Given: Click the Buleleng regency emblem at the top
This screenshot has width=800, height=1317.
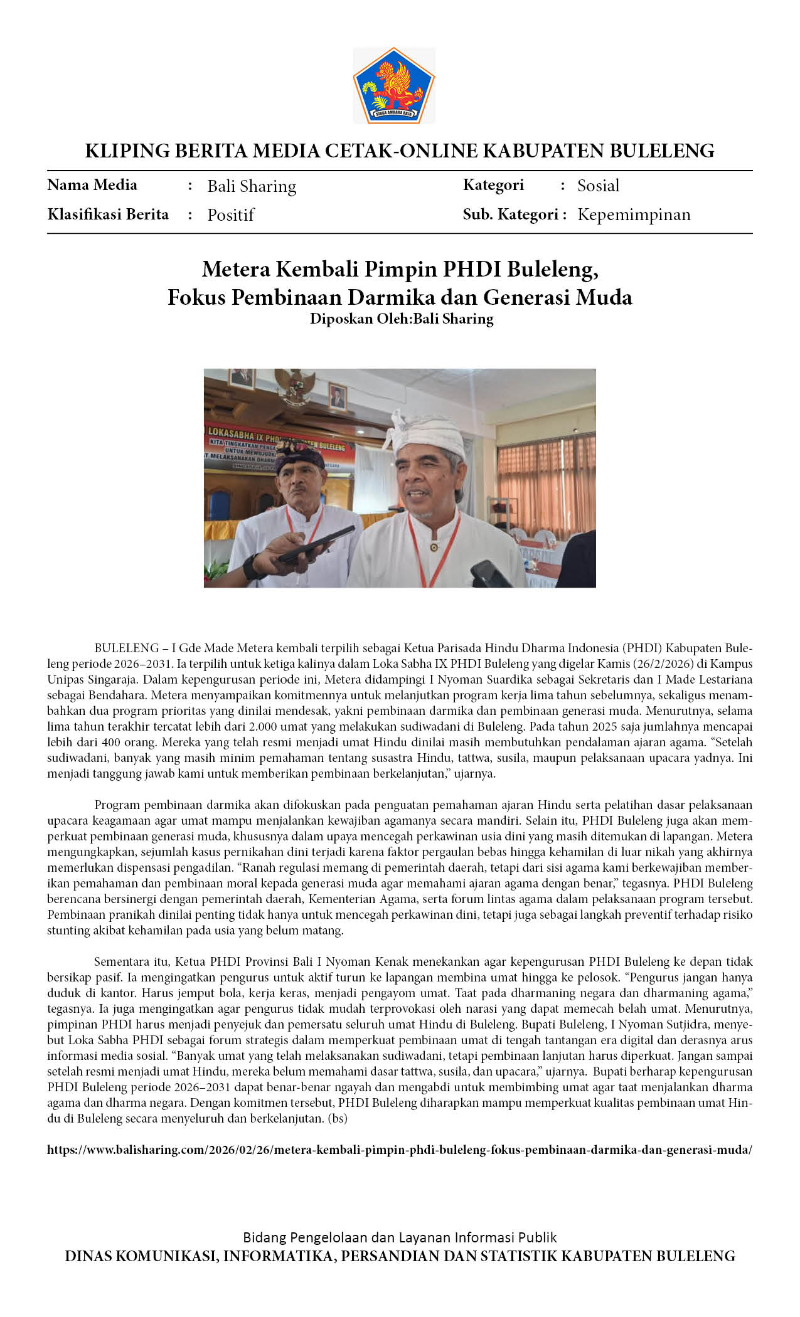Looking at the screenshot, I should click(x=394, y=85).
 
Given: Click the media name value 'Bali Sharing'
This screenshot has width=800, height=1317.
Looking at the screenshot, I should click(x=252, y=186).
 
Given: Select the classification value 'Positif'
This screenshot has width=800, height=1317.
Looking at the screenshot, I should click(x=230, y=215).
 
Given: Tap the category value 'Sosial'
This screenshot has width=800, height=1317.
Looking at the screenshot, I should click(x=598, y=186).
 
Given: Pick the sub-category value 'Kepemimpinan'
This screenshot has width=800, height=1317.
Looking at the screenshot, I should click(x=634, y=214).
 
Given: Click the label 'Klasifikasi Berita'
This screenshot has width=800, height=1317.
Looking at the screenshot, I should click(x=108, y=214).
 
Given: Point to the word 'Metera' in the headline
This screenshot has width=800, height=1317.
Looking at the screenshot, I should click(x=236, y=269).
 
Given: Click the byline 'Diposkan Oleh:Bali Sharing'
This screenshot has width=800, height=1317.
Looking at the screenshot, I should click(x=402, y=319).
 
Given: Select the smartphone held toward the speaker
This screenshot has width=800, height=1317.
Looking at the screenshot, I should click(x=316, y=543).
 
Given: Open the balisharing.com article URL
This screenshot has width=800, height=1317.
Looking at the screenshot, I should click(x=400, y=1150).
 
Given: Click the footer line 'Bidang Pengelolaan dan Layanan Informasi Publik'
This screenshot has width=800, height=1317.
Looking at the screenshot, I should click(x=400, y=1237).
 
